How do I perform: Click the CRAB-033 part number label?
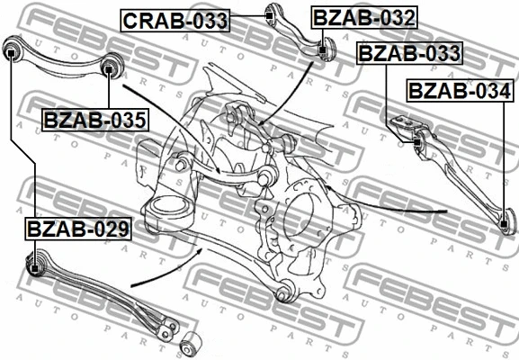pos(174,21)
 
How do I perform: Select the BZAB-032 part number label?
pos(364,18)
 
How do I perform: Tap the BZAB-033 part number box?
pos(409,53)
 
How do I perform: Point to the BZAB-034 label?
pos(460,90)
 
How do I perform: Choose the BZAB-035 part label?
pos(95,120)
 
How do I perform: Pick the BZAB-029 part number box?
pos(78,229)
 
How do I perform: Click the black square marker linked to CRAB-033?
pos(270,15)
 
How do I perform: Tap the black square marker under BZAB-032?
pos(322,50)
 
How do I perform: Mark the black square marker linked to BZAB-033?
pos(417,142)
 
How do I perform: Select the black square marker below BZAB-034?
pos(504,224)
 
